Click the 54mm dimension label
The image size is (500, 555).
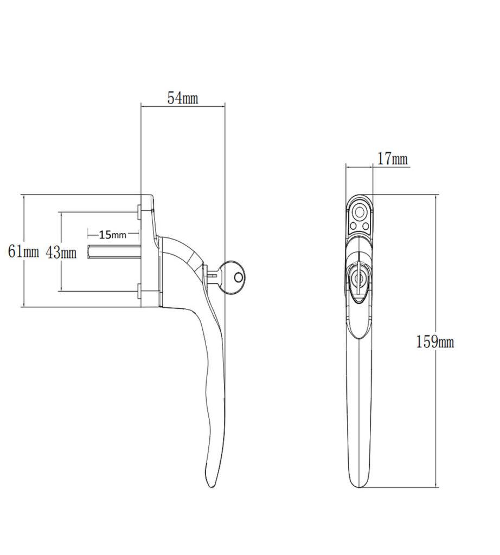tap(182, 98)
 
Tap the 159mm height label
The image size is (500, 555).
tap(435, 342)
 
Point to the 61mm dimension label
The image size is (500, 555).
tap(23, 251)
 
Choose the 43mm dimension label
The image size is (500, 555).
tap(60, 251)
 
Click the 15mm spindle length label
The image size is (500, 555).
tap(112, 235)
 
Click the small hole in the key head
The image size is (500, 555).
tap(238, 277)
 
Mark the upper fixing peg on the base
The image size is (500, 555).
tap(139, 211)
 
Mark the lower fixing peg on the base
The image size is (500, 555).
tap(139, 292)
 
